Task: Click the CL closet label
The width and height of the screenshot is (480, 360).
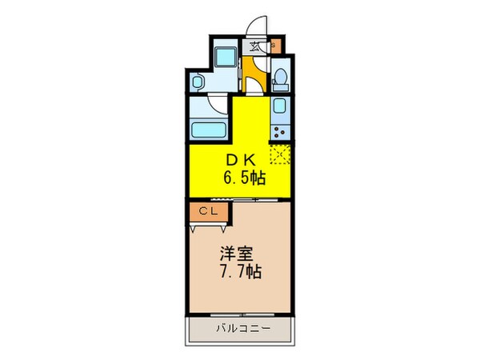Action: click(x=207, y=211)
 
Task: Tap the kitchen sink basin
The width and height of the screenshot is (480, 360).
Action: click(x=281, y=109)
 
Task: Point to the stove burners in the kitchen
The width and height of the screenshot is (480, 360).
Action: click(x=280, y=131)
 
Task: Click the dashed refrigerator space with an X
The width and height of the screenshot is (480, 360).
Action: click(x=279, y=154)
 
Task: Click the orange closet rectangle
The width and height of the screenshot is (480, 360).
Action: click(x=207, y=211)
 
